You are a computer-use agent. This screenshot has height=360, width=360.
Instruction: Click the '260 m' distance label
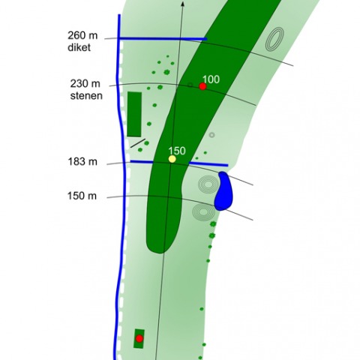[x=82, y=35]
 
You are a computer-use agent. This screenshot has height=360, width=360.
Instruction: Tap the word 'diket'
[x=79, y=47]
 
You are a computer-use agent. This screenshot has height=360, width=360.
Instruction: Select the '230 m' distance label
[x=85, y=84]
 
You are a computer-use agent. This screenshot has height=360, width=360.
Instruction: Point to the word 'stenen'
[x=86, y=96]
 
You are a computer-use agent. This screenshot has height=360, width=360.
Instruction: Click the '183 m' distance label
[x=82, y=162]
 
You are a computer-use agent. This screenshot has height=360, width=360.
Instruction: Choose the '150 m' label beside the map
[x=82, y=196]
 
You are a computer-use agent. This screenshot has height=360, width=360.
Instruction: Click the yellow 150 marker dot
[x=172, y=159]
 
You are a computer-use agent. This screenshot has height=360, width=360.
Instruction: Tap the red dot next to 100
[x=202, y=86]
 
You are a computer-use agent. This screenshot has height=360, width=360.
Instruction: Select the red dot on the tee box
[x=139, y=339]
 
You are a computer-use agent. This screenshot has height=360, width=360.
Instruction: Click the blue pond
[x=223, y=191]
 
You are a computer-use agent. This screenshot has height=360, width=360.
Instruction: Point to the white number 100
[x=211, y=79]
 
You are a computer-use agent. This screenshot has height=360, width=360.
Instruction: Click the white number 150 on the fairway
[x=177, y=151]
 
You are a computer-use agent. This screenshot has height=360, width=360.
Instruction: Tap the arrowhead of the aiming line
[x=183, y=3]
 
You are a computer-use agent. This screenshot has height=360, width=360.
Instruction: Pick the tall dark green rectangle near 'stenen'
[x=134, y=114]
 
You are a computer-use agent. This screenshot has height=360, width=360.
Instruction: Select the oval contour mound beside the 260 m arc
[x=274, y=39]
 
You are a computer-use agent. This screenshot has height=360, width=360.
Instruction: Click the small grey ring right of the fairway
[x=212, y=135]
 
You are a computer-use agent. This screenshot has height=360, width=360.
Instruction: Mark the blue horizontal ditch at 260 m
[x=163, y=39]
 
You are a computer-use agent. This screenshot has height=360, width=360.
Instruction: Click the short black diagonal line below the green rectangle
[x=138, y=143]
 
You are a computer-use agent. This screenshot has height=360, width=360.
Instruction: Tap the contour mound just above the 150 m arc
[x=208, y=184]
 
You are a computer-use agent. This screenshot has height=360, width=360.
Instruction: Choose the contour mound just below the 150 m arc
[x=204, y=212]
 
